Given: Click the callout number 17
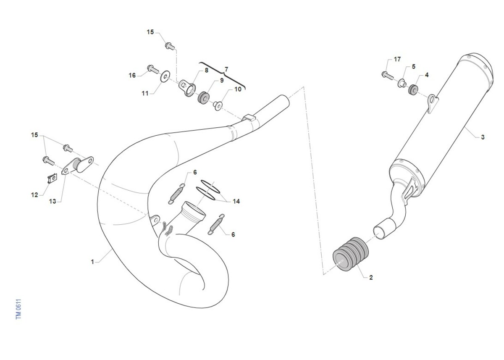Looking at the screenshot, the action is tap(397, 59).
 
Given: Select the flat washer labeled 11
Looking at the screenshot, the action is tap(165, 76).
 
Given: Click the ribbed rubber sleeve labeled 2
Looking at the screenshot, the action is tap(351, 254).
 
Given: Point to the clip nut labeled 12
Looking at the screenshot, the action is tap(52, 179).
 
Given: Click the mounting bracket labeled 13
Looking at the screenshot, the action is tap(78, 166).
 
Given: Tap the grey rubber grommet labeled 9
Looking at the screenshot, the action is tap(203, 97).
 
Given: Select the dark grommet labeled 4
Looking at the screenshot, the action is tap(413, 89).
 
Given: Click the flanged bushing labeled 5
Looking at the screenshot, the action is tap(402, 83).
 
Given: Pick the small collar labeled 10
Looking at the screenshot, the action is tap(218, 105).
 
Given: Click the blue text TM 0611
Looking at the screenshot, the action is tap(18, 309).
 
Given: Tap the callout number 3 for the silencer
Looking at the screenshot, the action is tap(483, 137).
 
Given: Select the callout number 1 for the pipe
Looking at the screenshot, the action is tap(92, 262).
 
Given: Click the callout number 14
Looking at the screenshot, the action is tap(236, 201).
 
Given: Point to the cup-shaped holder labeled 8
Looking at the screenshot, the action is tap(187, 89).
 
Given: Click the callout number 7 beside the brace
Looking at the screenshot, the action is tap(226, 69).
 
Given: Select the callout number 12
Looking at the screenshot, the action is tap(34, 195).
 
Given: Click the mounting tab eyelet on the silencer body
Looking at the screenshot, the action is tap(433, 103).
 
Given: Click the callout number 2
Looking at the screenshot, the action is tap(371, 277).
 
